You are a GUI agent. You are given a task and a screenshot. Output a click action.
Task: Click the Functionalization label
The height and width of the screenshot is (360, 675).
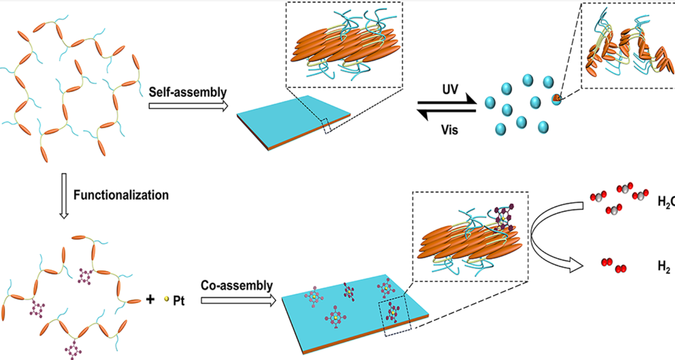point(121,195)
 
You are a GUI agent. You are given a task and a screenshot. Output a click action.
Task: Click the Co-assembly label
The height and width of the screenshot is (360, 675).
point(237,285)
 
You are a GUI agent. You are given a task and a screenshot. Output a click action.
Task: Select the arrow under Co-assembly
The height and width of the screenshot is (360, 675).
point(238,300)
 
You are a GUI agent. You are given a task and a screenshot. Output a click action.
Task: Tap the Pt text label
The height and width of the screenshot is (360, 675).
point(179,300)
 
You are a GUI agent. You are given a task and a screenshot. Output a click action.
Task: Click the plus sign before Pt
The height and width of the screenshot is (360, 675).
point(150,300)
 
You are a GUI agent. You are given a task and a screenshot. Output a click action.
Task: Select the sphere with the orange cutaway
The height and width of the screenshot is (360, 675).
point(556,99)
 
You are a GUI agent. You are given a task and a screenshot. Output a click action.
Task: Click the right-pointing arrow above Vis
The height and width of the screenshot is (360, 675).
point(446,101)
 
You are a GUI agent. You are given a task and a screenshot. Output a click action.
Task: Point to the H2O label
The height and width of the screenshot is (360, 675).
point(666,202)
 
